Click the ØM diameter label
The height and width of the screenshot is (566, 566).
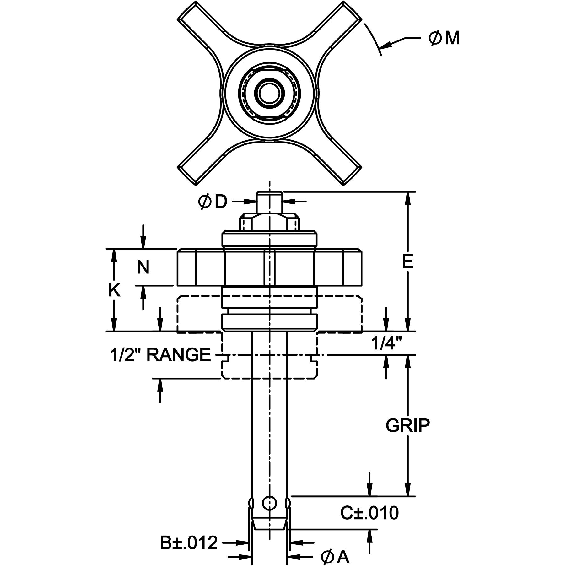pos(444,39)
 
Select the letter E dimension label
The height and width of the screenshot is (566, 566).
pos(408,261)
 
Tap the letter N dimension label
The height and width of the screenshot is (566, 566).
pos(143,267)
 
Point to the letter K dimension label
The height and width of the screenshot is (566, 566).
pos(115,290)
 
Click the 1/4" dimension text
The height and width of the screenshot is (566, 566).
pos(386,343)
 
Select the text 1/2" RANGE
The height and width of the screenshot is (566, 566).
pos(160,355)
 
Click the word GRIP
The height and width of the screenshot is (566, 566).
pos(407,426)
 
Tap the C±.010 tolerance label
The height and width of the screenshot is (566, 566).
pos(369,513)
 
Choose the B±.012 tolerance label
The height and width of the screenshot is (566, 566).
pos(189,543)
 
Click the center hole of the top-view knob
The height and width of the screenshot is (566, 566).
pos(269,94)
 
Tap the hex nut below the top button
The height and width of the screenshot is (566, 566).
pos(269,223)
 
